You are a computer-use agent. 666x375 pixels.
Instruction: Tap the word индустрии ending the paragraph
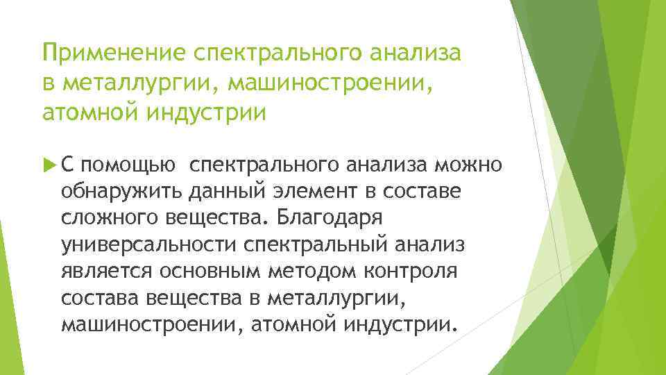pos(403,324)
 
